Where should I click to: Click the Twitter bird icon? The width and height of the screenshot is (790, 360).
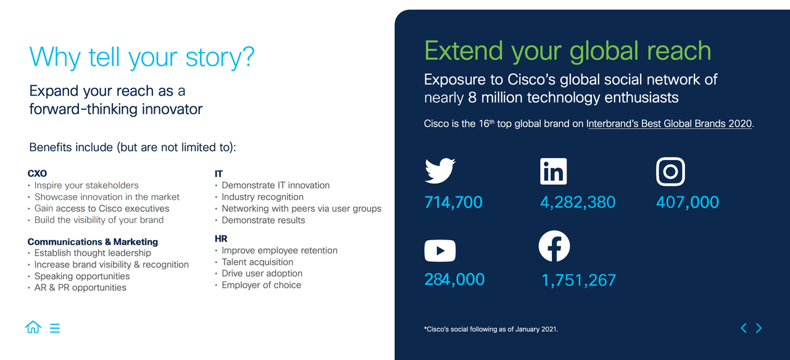coord(439,171)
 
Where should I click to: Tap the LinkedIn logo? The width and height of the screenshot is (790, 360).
coord(554,171)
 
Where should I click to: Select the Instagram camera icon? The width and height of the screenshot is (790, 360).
coord(670,171)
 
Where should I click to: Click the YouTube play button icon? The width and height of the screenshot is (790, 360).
coord(439,251)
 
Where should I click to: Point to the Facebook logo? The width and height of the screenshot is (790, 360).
coord(554,246)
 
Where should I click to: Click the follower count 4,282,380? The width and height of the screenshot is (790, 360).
coord(578,203)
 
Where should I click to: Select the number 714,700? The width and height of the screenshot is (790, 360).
coord(453,203)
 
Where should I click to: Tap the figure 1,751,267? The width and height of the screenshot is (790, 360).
coord(578,280)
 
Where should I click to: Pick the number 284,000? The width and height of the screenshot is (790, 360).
coord(454,280)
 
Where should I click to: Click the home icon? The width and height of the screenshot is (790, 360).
coord(33,327)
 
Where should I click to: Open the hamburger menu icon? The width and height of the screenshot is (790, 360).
coord(55,328)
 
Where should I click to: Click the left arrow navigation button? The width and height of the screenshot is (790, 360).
coord(744,328)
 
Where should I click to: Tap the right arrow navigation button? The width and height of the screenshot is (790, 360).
coord(759,328)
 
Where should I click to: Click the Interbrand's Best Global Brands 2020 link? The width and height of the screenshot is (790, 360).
coord(669,123)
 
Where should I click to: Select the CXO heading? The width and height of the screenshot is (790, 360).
coord(37,174)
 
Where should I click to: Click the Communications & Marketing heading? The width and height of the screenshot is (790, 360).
coord(93,241)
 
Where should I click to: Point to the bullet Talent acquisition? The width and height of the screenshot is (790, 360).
coord(257,262)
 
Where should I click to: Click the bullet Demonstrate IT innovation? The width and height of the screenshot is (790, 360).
coord(275,185)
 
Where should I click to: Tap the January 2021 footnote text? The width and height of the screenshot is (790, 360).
coord(491,329)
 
